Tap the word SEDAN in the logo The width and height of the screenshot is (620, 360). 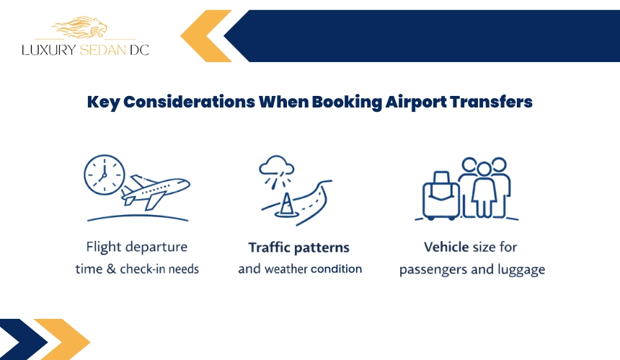pyautogui.click(x=103, y=50)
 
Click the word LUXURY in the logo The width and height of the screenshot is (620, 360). pyautogui.click(x=48, y=50)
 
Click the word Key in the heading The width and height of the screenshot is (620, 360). pyautogui.click(x=103, y=102)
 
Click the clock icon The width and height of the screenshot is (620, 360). pyautogui.click(x=105, y=175)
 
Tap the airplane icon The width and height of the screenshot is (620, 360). pyautogui.click(x=155, y=192)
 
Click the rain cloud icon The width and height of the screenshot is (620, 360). pyautogui.click(x=277, y=170)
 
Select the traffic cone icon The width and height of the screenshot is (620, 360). pyautogui.click(x=285, y=204)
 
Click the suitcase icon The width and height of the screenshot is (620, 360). pyautogui.click(x=440, y=196)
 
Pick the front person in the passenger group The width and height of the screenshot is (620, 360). pyautogui.click(x=484, y=190)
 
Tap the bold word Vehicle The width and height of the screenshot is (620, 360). pyautogui.click(x=446, y=247)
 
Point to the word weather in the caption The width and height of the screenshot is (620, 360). pyautogui.click(x=286, y=269)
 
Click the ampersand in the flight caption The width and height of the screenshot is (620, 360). pyautogui.click(x=112, y=269)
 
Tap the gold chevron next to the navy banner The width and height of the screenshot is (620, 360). pyautogui.click(x=206, y=36)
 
